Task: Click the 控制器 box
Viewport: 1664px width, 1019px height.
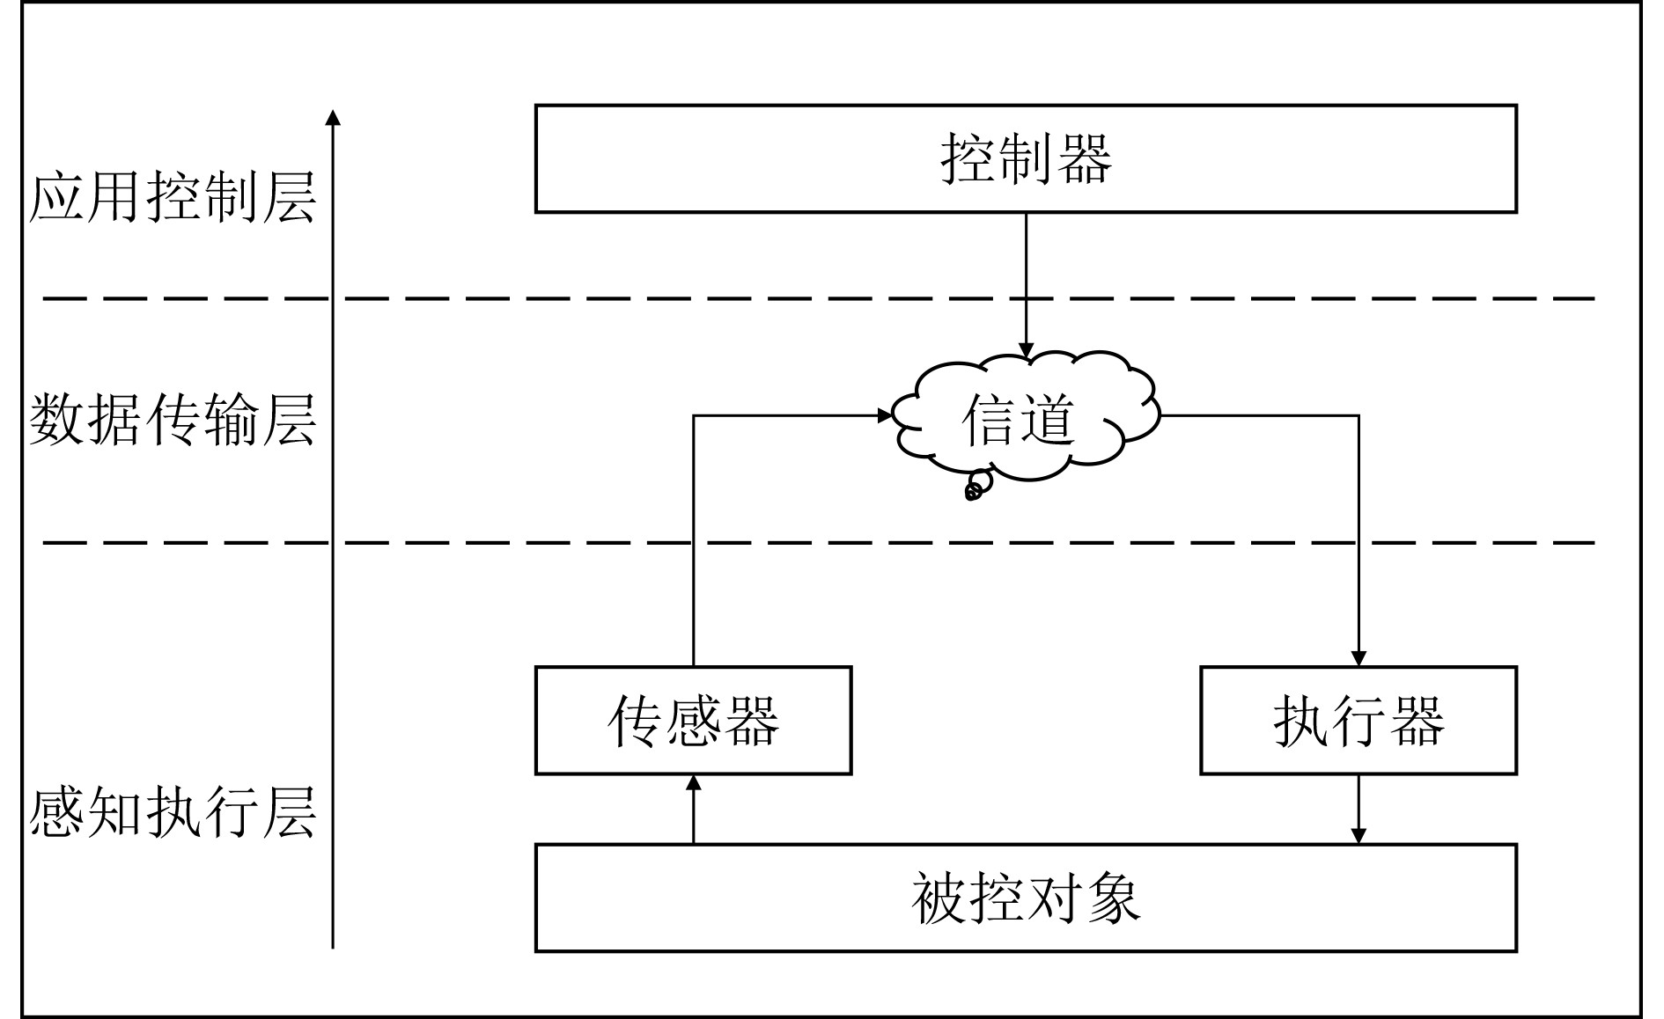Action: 1026,159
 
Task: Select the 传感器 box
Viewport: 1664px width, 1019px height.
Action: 693,721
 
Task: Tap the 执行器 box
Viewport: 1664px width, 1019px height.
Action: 1358,721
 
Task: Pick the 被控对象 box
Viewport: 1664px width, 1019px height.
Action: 1026,898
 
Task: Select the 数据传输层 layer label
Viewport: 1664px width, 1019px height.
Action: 173,421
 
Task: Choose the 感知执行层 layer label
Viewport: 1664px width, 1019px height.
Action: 173,811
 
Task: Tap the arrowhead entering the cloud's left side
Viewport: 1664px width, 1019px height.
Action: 886,415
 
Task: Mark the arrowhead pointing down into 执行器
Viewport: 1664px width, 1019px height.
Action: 1358,659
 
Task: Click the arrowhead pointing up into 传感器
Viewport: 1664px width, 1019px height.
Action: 694,782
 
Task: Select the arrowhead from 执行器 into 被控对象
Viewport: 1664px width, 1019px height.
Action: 1358,836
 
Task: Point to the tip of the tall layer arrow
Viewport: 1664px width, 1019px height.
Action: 333,115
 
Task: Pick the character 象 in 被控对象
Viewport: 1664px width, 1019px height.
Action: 1113,899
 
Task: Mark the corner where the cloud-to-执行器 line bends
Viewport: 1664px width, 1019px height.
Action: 1358,415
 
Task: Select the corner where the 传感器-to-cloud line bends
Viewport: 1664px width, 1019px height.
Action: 694,415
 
